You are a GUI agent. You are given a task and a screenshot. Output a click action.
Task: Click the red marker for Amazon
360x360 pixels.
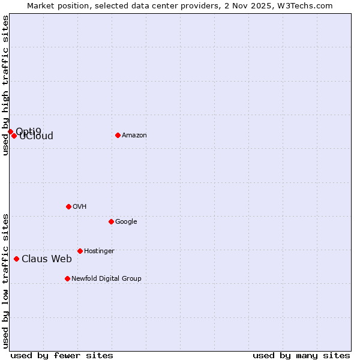118,135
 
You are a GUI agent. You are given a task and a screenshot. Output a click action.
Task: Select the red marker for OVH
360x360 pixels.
68,206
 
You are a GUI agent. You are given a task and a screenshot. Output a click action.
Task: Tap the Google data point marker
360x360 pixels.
111,221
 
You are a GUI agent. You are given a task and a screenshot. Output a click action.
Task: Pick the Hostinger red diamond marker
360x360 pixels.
80,251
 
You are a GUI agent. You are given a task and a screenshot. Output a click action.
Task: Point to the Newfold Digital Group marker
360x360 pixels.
67,278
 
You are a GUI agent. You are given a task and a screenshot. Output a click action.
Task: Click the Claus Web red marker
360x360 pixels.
16,259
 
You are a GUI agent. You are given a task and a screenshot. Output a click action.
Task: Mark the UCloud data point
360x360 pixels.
14,136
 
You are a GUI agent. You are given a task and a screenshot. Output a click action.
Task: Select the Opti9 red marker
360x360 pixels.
10,131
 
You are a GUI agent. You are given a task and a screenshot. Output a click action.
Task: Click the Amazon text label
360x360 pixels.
134,136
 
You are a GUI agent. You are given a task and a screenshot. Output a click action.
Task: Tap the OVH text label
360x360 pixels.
80,207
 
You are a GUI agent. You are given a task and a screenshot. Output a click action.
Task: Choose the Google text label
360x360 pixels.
126,222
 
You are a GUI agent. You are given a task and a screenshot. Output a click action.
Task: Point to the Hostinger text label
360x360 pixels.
99,251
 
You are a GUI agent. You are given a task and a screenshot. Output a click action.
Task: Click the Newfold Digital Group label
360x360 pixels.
106,279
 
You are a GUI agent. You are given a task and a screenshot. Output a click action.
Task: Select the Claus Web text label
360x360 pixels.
47,259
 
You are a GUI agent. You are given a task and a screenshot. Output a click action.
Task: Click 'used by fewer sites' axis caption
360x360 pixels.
62,355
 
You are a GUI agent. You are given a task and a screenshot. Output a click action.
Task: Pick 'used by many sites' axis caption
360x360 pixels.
301,355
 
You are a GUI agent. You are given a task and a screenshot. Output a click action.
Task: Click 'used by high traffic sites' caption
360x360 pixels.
5,85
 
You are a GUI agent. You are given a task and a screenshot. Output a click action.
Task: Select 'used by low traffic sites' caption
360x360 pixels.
5,281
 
